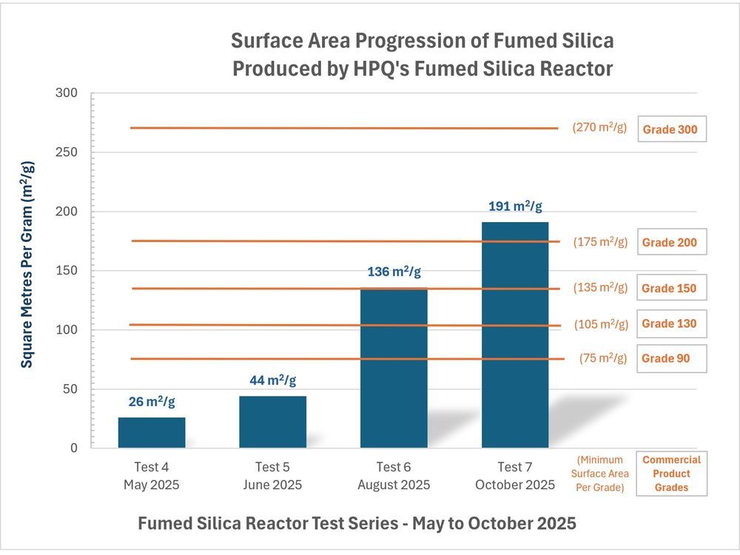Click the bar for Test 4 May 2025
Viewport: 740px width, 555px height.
(x=152, y=433)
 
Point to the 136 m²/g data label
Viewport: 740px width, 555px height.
(x=394, y=272)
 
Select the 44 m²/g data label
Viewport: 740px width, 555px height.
(x=272, y=380)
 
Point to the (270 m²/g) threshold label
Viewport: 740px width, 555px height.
(x=599, y=127)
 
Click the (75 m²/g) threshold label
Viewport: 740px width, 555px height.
(x=603, y=358)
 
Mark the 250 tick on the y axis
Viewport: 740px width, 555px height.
(x=69, y=152)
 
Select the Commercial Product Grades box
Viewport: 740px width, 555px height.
(x=671, y=474)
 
